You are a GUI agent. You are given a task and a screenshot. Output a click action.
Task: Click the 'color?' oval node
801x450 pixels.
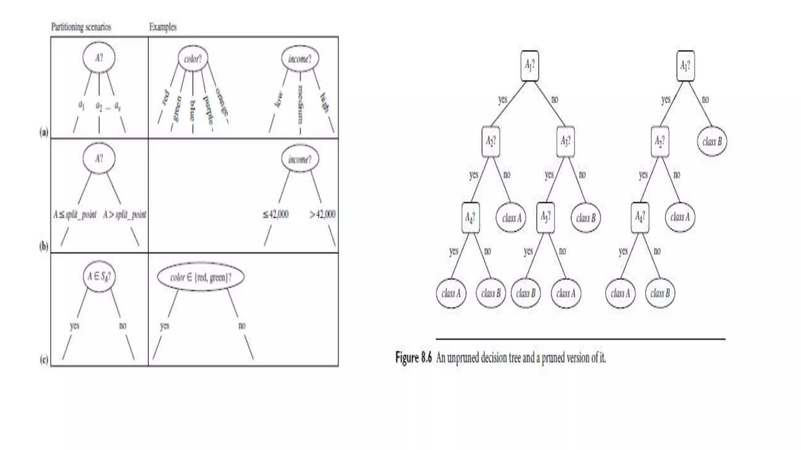(x=193, y=59)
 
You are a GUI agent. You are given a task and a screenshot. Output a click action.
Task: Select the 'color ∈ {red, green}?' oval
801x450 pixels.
(x=201, y=277)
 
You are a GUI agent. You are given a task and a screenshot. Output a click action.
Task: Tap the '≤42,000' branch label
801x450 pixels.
(x=276, y=214)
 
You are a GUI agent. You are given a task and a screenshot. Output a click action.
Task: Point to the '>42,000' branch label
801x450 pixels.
(x=322, y=214)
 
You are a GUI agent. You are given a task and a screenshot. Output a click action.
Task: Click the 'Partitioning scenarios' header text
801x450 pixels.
(x=81, y=27)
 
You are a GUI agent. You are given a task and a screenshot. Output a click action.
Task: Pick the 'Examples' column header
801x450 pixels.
(x=163, y=27)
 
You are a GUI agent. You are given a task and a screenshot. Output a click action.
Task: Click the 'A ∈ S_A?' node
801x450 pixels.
(x=99, y=277)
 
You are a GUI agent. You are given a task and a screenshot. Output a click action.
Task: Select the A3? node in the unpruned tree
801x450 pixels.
(x=566, y=141)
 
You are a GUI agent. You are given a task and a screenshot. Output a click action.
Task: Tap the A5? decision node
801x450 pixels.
(x=546, y=217)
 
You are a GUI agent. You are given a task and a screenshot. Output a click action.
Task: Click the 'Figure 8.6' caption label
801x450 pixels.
(x=413, y=357)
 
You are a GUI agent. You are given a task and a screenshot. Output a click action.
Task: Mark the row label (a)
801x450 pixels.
(x=44, y=132)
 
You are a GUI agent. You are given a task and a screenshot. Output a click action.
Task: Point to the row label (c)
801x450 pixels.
(x=44, y=359)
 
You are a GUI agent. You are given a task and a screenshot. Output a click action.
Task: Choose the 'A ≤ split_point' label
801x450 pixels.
(x=75, y=214)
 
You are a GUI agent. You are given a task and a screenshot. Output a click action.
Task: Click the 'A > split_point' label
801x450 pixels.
(x=125, y=214)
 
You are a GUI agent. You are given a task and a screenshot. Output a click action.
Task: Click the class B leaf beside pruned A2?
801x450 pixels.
(x=712, y=141)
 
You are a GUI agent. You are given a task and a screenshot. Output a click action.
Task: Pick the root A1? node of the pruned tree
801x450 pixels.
(x=686, y=66)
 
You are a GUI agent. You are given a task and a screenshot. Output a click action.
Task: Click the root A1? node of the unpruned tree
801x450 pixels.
(x=530, y=66)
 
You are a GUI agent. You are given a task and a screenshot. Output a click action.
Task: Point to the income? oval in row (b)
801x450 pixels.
(x=300, y=159)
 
